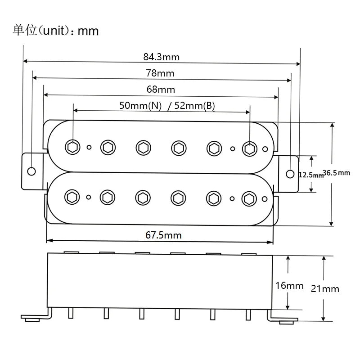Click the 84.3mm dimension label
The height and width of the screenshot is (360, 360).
click(x=162, y=57)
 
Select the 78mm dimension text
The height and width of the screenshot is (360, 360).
click(x=160, y=73)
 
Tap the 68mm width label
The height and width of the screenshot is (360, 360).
click(x=161, y=89)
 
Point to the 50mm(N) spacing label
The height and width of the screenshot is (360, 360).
click(x=140, y=106)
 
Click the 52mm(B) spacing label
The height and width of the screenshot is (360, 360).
click(x=195, y=106)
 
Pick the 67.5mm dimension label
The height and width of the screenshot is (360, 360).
click(x=163, y=235)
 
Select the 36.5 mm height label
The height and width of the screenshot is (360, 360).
click(x=336, y=173)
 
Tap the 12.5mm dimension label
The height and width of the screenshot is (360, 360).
click(x=311, y=175)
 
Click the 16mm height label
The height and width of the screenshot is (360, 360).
click(x=289, y=286)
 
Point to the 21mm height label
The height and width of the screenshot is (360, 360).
click(x=325, y=289)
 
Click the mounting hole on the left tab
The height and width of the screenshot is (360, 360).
click(x=31, y=171)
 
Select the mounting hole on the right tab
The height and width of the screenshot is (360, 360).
click(x=290, y=174)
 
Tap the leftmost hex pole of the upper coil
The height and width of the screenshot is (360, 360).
click(x=72, y=147)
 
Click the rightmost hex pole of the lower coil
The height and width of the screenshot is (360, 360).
click(x=249, y=199)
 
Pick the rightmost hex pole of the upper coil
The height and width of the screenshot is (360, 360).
click(x=250, y=149)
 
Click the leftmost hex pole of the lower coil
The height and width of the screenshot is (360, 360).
click(x=72, y=197)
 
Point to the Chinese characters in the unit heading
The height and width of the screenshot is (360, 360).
click(x=25, y=30)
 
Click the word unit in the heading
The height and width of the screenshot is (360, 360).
click(x=54, y=31)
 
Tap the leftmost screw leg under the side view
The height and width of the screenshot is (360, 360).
click(x=71, y=313)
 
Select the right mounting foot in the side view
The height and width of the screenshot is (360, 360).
click(x=283, y=318)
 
